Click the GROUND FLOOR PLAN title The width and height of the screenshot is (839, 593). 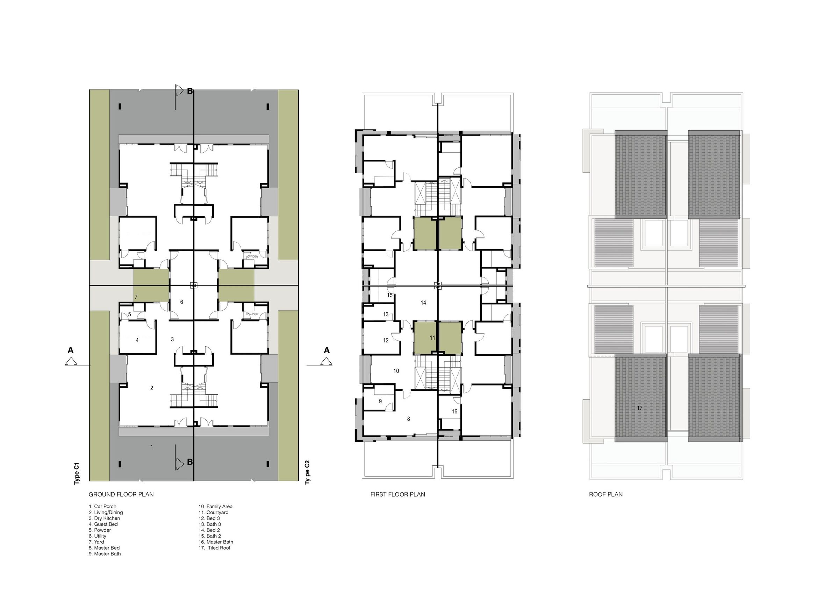[121, 494]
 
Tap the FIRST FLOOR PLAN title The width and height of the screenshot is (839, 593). [397, 494]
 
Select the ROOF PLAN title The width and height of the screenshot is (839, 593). [605, 494]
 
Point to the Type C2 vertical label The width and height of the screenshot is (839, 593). [307, 472]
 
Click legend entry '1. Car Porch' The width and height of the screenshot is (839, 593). [102, 506]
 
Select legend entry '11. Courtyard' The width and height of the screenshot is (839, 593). [213, 512]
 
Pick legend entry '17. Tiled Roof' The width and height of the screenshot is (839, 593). [214, 548]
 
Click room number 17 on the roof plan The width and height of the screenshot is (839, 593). [639, 408]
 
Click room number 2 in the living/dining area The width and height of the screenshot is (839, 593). [152, 388]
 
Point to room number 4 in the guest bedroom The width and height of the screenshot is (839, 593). [137, 340]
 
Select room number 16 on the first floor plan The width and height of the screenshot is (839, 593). [454, 411]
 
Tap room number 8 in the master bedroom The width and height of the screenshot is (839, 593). [409, 419]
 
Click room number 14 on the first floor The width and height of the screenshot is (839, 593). [423, 303]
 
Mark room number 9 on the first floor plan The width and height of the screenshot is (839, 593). [380, 401]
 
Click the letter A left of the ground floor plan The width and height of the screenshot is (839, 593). [71, 350]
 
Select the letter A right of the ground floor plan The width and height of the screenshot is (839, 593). [327, 350]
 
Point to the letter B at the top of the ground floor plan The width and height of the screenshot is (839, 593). [190, 91]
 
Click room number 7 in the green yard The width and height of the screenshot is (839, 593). [136, 297]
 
